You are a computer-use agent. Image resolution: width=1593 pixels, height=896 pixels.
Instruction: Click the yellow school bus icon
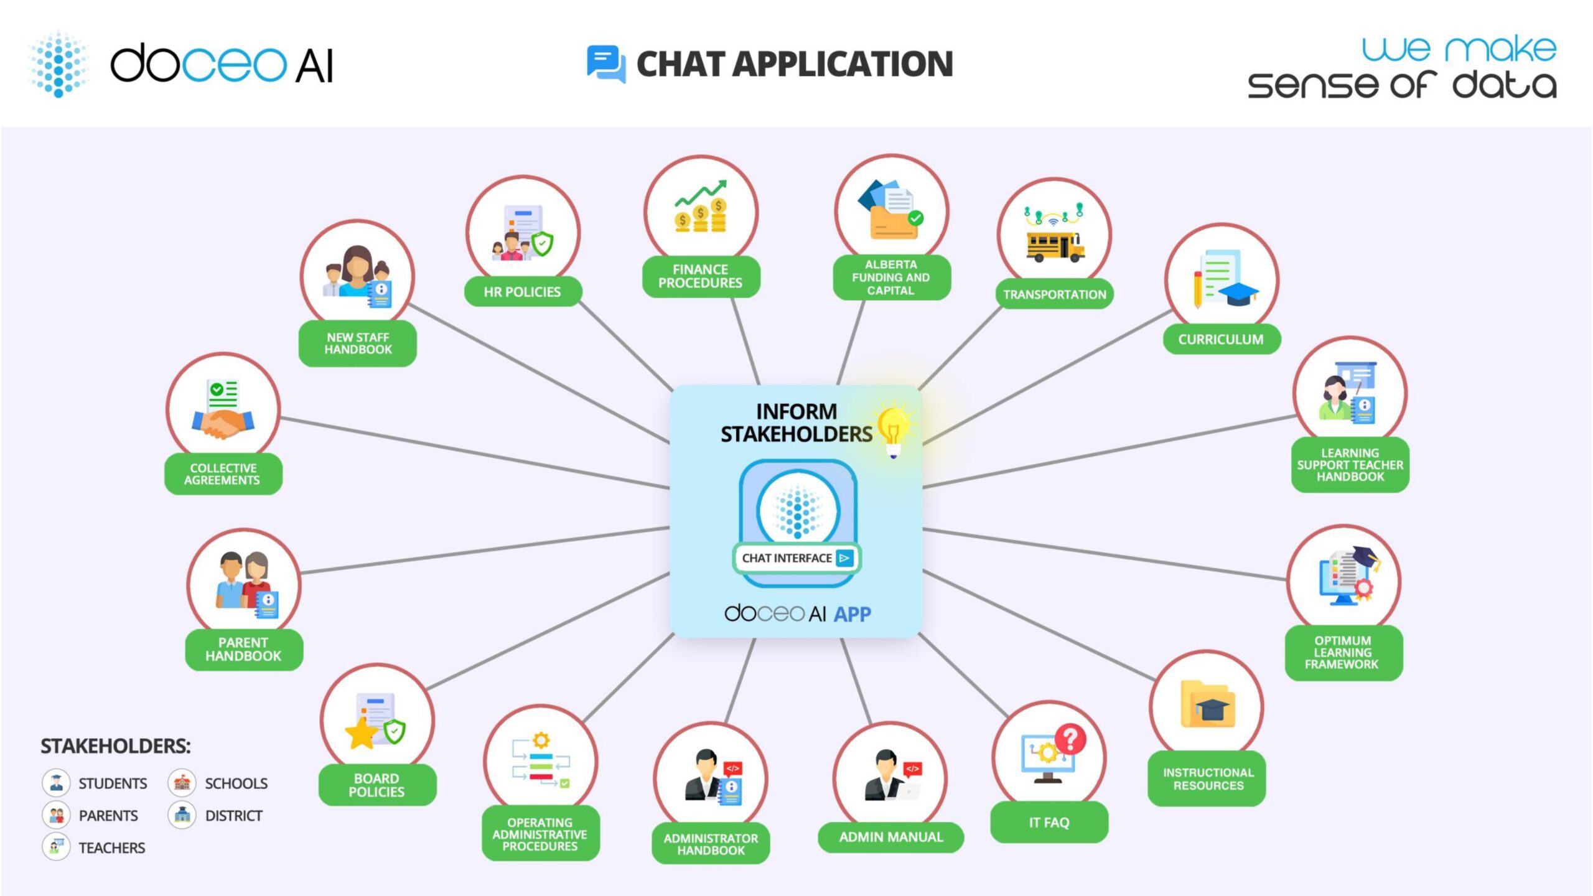(1055, 246)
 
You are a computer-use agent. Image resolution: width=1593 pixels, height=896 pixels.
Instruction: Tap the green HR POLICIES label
(523, 292)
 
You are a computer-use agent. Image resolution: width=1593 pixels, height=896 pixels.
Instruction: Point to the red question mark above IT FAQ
(1070, 739)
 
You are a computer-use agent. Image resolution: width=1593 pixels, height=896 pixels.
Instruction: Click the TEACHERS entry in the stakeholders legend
(111, 847)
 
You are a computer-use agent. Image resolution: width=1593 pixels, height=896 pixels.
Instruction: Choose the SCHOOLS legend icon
(182, 783)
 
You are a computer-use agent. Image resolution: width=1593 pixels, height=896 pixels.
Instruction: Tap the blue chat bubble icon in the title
(605, 63)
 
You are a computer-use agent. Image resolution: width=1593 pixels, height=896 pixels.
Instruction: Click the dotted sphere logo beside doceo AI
(59, 63)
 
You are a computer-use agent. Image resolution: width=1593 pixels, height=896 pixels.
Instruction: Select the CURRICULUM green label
(1221, 339)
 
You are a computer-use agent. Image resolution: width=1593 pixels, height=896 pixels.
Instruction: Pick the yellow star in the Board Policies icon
(362, 733)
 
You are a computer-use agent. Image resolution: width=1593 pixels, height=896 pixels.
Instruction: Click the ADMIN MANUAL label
(891, 837)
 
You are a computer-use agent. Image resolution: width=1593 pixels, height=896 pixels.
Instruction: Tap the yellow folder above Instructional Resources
(1208, 705)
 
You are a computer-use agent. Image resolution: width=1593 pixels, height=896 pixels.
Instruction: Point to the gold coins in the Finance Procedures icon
(701, 217)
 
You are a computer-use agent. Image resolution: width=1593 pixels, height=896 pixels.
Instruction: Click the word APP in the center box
(853, 614)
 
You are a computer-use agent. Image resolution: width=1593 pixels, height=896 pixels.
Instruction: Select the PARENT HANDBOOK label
(243, 649)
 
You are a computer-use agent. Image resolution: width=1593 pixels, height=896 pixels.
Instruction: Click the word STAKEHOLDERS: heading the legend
(116, 745)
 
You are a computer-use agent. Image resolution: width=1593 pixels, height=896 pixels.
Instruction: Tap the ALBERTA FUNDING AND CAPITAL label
(891, 278)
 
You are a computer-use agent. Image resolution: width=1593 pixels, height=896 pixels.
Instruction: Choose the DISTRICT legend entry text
(234, 815)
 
